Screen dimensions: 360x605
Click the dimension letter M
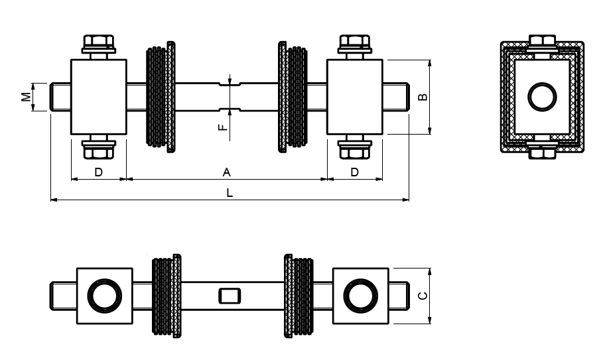[25, 96]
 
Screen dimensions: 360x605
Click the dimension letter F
[224, 124]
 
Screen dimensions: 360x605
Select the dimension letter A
[226, 172]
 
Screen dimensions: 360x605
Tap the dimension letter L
[230, 193]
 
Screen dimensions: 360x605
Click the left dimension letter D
[98, 172]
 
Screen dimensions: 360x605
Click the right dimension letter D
[355, 172]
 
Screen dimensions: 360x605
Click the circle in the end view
[542, 97]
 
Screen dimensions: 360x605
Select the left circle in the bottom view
[104, 296]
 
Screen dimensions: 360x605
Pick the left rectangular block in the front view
[98, 97]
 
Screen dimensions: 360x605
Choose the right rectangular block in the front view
[355, 97]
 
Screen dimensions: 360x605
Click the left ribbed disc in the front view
[161, 97]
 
